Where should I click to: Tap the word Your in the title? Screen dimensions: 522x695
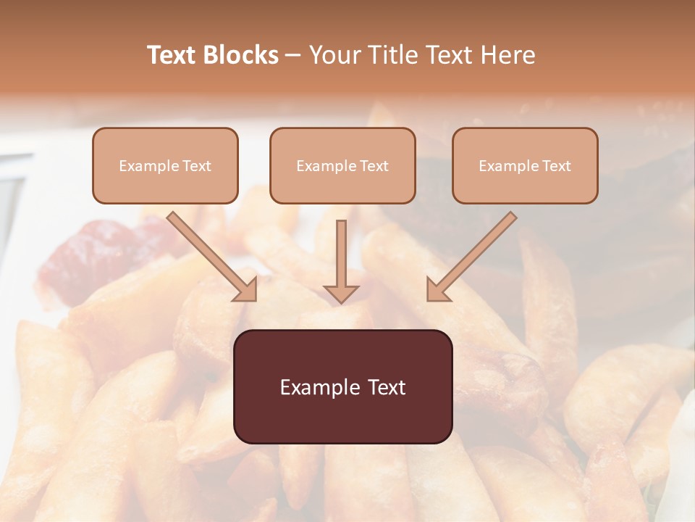click(x=336, y=55)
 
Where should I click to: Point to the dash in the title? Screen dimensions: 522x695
click(x=293, y=56)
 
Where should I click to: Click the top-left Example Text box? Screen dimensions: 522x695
click(x=165, y=165)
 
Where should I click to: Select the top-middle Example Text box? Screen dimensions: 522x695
click(x=342, y=165)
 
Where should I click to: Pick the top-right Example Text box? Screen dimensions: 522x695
click(x=525, y=165)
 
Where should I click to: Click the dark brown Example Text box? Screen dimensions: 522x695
click(x=342, y=386)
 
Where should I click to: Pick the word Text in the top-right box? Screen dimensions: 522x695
click(x=556, y=166)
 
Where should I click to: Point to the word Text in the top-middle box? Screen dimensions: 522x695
click(x=374, y=166)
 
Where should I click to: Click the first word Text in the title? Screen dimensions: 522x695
click(x=172, y=55)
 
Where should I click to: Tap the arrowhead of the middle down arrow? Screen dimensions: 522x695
click(x=341, y=293)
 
